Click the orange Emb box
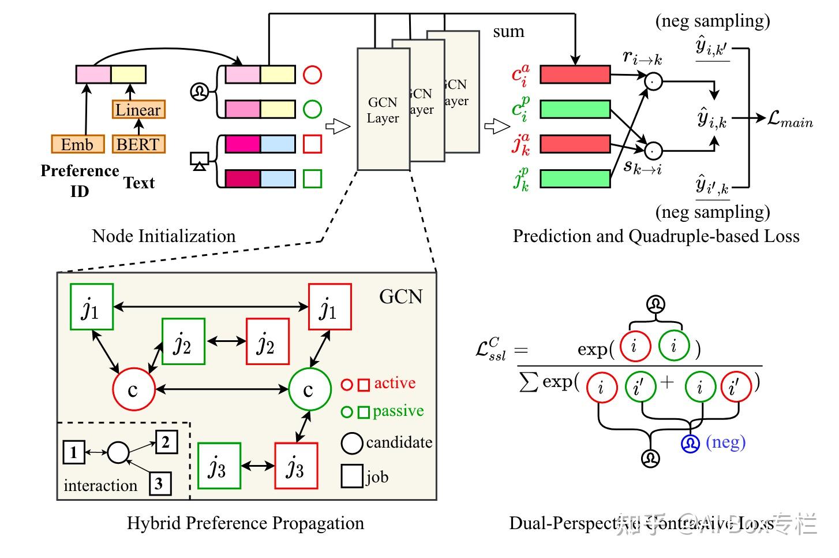tap(77, 144)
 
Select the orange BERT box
tap(138, 144)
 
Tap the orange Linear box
tap(138, 109)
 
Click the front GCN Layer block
tap(383, 109)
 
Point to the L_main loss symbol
tap(790, 120)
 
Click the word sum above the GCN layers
tap(508, 32)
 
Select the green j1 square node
tap(91, 307)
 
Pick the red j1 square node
tap(329, 307)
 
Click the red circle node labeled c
tap(134, 389)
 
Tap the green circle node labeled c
tap(309, 389)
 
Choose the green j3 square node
tap(219, 466)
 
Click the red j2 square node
tap(267, 341)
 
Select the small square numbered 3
tap(160, 483)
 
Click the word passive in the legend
tap(398, 411)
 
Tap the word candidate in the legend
tap(399, 442)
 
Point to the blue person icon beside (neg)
tap(690, 444)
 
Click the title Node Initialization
tap(164, 236)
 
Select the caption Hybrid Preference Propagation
tap(245, 523)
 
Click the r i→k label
tap(642, 57)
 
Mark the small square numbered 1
tap(73, 452)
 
